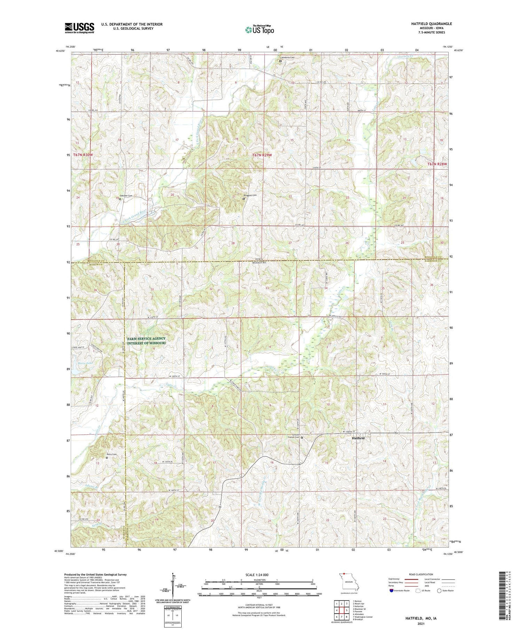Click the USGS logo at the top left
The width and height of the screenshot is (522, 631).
[x=79, y=27]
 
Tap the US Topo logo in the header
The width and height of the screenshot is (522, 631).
[x=259, y=30]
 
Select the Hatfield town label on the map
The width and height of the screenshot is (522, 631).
[x=358, y=438]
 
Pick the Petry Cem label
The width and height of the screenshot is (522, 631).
[x=111, y=454]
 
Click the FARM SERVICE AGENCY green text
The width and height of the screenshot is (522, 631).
[x=146, y=339]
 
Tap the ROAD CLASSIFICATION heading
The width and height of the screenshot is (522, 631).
[x=421, y=574]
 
